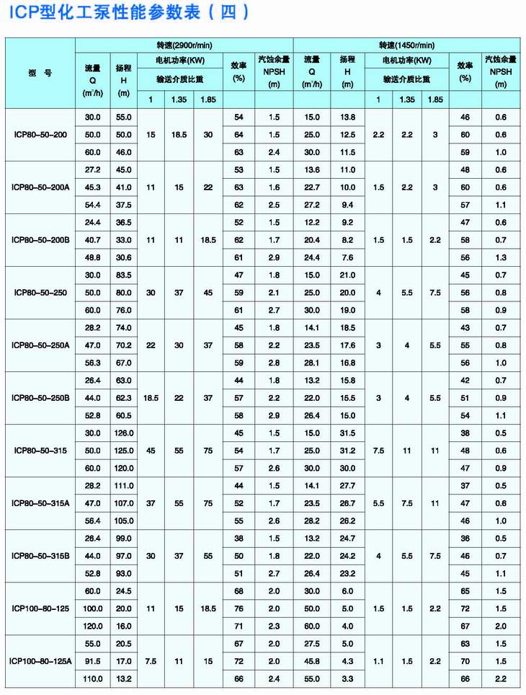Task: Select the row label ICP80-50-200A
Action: coord(40,187)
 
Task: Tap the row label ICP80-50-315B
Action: coord(40,556)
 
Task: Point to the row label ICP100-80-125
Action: coord(40,608)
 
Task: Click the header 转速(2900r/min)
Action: coord(184,45)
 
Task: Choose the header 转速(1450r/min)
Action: coord(406,45)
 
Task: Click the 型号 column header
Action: coord(40,72)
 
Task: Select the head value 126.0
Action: coord(124,433)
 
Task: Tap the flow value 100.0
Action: coord(93,608)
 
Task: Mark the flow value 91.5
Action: coord(93,661)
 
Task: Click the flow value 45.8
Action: coord(311,661)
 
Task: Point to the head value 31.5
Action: coord(347,433)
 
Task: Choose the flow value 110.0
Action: coord(93,678)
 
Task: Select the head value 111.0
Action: coord(124,485)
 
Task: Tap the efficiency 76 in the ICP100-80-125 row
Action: coord(239,608)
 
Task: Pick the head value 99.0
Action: coord(124,538)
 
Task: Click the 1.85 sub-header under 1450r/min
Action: coord(434,99)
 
